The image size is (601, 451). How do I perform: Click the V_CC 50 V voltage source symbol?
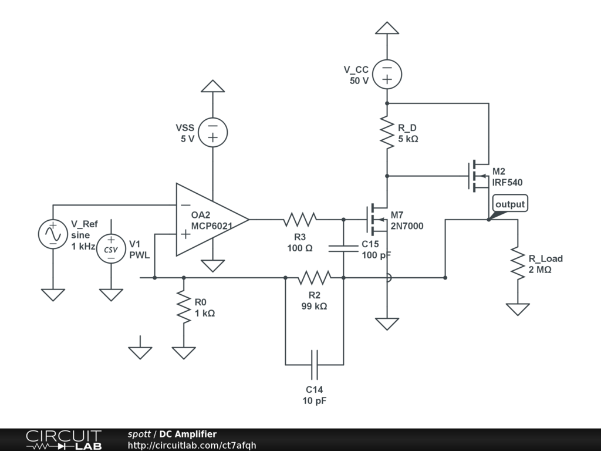pyautogui.click(x=387, y=74)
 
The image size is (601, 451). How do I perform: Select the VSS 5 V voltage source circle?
pyautogui.click(x=212, y=132)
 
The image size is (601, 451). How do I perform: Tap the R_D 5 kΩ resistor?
pyautogui.click(x=387, y=132)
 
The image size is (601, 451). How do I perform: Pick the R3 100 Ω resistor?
pyautogui.click(x=300, y=220)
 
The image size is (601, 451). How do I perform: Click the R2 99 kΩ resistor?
pyautogui.click(x=314, y=277)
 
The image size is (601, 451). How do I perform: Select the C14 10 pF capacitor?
pyautogui.click(x=314, y=365)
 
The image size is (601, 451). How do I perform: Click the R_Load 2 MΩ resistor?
pyautogui.click(x=518, y=262)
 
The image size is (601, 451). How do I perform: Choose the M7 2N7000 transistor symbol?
pyautogui.click(x=376, y=218)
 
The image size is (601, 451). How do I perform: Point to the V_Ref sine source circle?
pyautogui.click(x=53, y=234)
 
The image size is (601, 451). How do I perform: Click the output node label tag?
pyautogui.click(x=509, y=204)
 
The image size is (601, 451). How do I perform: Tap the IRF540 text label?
pyautogui.click(x=507, y=183)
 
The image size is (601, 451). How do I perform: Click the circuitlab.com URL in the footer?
pyautogui.click(x=192, y=445)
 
